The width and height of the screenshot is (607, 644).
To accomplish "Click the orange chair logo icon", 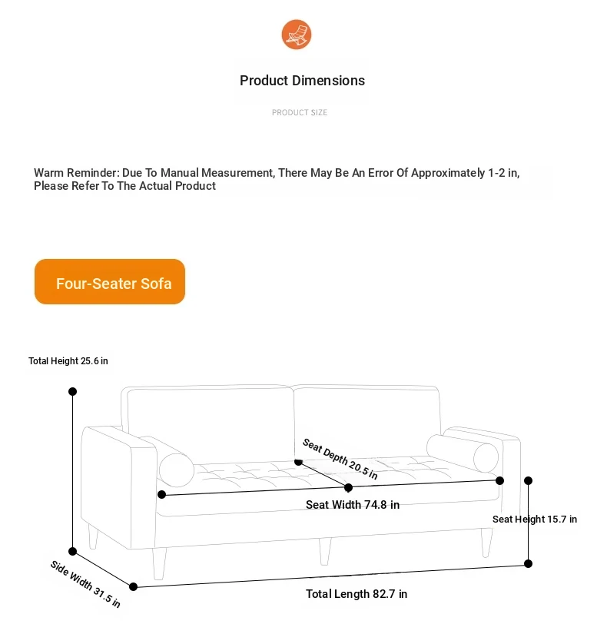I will click(x=297, y=35).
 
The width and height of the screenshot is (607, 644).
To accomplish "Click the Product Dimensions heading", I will click(x=302, y=81).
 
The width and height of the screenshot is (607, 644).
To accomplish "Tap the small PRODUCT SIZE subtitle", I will click(x=300, y=113).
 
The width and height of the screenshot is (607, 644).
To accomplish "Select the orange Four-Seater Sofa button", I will click(x=110, y=282).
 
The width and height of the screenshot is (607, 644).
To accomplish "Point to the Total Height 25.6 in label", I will click(x=68, y=361).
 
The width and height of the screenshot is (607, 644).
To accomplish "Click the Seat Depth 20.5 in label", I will click(x=340, y=459).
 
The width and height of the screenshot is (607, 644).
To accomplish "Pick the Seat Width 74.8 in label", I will click(x=353, y=505).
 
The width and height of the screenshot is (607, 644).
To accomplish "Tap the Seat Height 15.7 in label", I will click(x=535, y=520).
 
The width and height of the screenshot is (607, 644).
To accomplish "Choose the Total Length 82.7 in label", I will click(x=357, y=594).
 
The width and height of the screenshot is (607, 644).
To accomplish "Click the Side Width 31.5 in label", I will click(x=85, y=584).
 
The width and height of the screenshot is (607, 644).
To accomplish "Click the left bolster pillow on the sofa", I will click(x=177, y=468).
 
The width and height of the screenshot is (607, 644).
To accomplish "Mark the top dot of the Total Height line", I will click(x=73, y=391).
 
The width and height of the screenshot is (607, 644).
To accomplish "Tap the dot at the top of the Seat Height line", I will click(x=529, y=481).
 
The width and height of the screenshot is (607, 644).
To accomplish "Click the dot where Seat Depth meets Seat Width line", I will click(x=348, y=487).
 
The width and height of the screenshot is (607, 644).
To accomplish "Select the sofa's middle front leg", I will click(x=325, y=549).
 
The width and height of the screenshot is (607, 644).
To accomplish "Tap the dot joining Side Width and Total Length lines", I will click(x=134, y=586).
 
